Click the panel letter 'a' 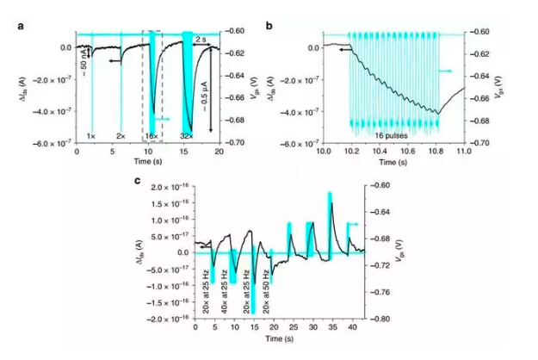click(x=20, y=27)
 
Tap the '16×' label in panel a click(x=151, y=137)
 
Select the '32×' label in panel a click(x=186, y=137)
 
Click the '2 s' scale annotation click(x=199, y=40)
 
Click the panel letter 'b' click(x=269, y=27)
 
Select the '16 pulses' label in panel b click(x=393, y=136)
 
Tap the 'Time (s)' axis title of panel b click(x=393, y=163)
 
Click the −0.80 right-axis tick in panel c click(x=380, y=320)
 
